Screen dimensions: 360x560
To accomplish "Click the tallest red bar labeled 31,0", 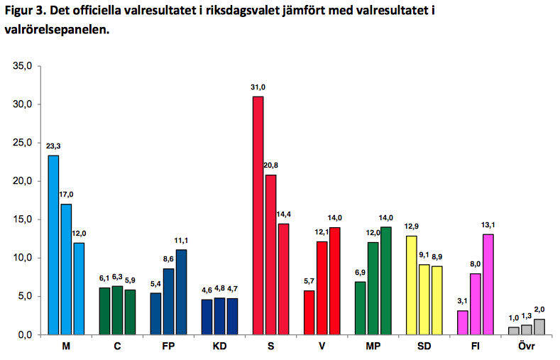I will point(258,215).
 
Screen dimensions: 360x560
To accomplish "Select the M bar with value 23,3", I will point(53,245).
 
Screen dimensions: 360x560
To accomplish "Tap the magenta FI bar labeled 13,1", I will point(488,284).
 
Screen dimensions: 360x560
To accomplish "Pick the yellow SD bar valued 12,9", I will point(411,285).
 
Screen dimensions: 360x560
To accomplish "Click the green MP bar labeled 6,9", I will point(360,307).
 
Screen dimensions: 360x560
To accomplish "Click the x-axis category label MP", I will point(373,347).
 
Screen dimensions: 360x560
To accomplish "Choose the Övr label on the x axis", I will point(526,347).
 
